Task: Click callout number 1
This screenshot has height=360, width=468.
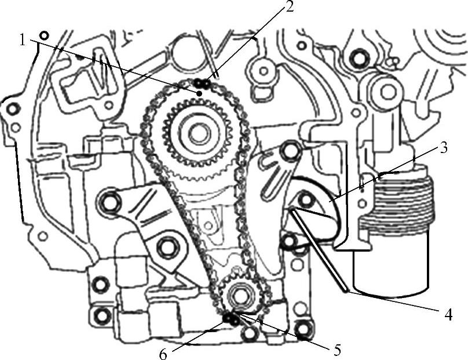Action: click(23, 40)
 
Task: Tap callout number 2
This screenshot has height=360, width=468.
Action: click(288, 6)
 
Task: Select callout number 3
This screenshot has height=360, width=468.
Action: click(444, 148)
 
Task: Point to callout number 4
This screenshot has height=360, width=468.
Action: click(448, 315)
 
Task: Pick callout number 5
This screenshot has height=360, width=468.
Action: click(337, 350)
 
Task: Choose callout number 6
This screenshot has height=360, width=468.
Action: click(163, 354)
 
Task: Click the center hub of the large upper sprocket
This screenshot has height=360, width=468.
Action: click(198, 133)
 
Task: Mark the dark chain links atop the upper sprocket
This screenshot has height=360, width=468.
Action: click(202, 83)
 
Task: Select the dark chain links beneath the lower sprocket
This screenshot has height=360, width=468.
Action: click(231, 319)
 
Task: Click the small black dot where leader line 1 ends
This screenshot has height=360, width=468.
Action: click(200, 93)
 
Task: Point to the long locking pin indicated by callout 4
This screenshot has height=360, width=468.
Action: click(319, 250)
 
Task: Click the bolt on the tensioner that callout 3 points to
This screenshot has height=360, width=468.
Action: click(305, 199)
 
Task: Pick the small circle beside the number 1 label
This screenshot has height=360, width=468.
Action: click(44, 35)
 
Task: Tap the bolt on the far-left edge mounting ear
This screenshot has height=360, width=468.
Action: click(13, 109)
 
